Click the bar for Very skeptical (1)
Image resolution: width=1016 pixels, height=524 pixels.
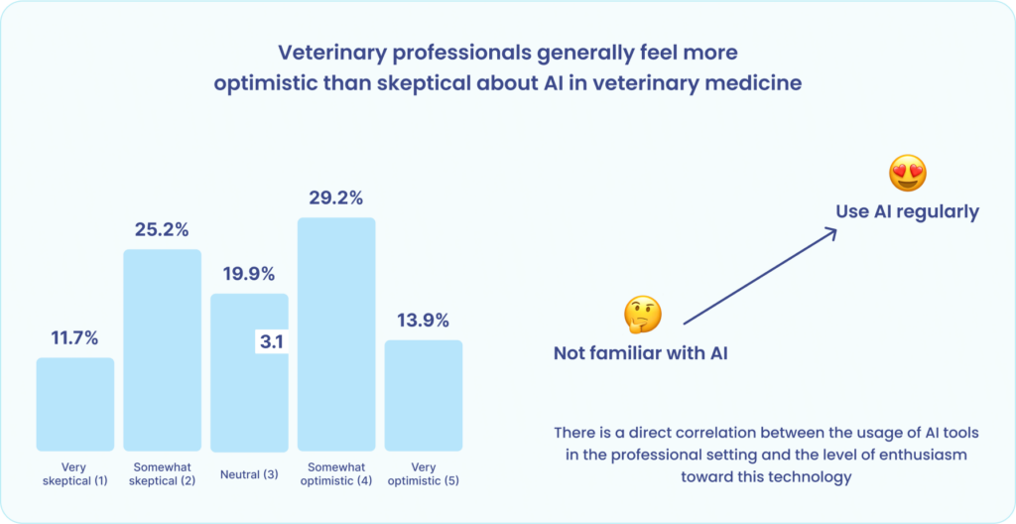click(x=75, y=405)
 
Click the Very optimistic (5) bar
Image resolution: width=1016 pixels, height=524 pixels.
click(x=423, y=396)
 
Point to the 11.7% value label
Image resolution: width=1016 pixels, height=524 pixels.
click(x=75, y=337)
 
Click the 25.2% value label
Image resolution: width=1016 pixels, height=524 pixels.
click(x=162, y=229)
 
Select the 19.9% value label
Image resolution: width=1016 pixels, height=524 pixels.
click(x=248, y=273)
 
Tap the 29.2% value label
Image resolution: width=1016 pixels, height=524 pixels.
click(x=336, y=197)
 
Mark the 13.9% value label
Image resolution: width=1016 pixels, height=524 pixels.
click(x=423, y=320)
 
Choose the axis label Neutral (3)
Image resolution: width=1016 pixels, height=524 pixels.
click(x=248, y=473)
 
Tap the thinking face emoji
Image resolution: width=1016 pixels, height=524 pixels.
click(x=642, y=315)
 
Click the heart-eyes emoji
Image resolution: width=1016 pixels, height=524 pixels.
click(x=907, y=174)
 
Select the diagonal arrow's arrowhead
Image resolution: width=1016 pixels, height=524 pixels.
click(x=831, y=232)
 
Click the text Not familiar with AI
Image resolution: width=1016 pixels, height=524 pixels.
click(x=640, y=352)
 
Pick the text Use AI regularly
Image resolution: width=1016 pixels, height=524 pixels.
click(x=906, y=210)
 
